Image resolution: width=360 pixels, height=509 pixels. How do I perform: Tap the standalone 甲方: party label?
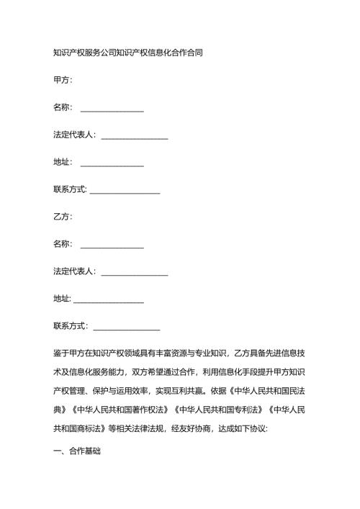click(x=63, y=80)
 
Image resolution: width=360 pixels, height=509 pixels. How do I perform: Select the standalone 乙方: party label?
click(x=63, y=217)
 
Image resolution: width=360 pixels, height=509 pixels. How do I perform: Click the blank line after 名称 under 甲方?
click(x=112, y=109)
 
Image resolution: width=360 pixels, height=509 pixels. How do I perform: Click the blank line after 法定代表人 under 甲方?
click(x=135, y=136)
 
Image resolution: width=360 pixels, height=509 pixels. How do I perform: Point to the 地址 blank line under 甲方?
click(x=112, y=163)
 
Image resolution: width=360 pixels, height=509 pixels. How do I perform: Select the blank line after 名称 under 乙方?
click(x=112, y=246)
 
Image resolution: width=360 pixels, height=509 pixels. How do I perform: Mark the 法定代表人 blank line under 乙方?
click(x=135, y=273)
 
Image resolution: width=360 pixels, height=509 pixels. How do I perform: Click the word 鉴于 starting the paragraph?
click(x=61, y=353)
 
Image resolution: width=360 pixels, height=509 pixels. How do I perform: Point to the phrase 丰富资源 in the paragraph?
click(x=176, y=353)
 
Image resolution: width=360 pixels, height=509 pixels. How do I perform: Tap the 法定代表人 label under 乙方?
click(x=75, y=273)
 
